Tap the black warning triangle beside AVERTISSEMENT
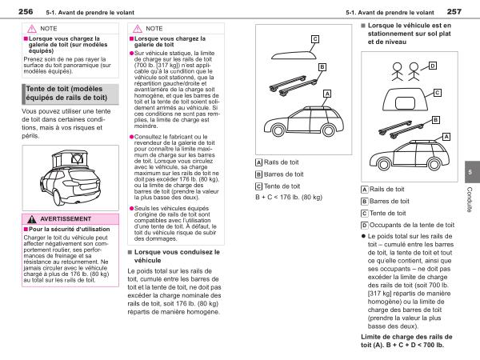pyautogui.click(x=30, y=218)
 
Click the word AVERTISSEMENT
pyautogui.click(x=66, y=218)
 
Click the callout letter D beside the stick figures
pyautogui.click(x=432, y=66)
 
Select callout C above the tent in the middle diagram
pyautogui.click(x=314, y=38)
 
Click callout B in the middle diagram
pyautogui.click(x=322, y=67)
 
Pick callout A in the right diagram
pyautogui.click(x=445, y=137)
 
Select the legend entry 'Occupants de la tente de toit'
pyautogui.click(x=407, y=226)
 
